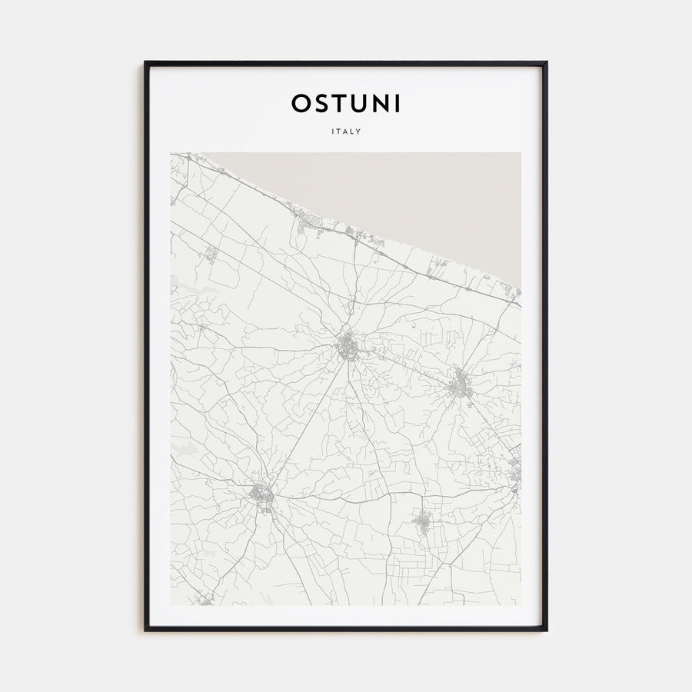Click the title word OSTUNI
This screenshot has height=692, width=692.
pyautogui.click(x=346, y=103)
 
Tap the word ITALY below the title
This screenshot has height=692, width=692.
pyautogui.click(x=346, y=131)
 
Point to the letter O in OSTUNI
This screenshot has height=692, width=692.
pyautogui.click(x=301, y=103)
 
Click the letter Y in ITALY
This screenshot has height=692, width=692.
pyautogui.click(x=359, y=131)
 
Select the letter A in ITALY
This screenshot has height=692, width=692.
pyautogui.click(x=346, y=131)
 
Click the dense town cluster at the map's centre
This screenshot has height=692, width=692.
pyautogui.click(x=348, y=347)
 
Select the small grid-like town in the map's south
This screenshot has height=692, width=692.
pyautogui.click(x=422, y=524)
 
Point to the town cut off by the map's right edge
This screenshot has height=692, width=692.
pyautogui.click(x=515, y=471)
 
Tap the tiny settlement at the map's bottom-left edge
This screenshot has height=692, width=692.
pyautogui.click(x=204, y=597)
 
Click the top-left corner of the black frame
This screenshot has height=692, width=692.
pyautogui.click(x=146, y=63)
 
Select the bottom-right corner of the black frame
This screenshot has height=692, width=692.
pyautogui.click(x=546, y=630)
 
